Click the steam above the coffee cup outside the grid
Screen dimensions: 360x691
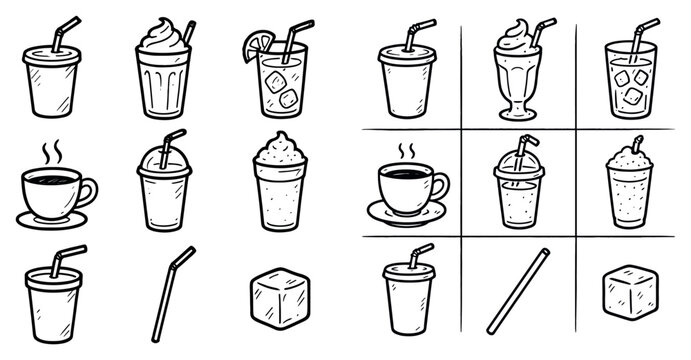pyautogui.click(x=51, y=153)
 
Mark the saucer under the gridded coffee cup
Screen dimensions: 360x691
pyautogui.click(x=406, y=214)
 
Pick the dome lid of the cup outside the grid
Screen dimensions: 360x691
pyautogui.click(x=162, y=157)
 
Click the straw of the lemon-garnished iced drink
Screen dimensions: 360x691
pyautogui.click(x=294, y=39)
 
